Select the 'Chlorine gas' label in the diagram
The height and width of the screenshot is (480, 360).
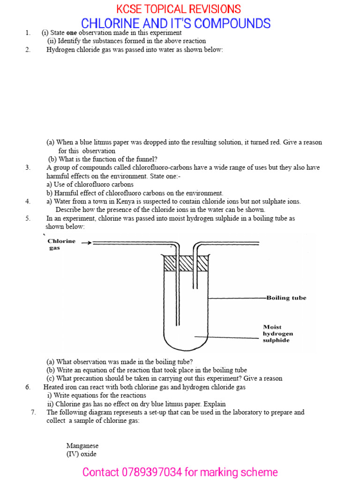point(61,244)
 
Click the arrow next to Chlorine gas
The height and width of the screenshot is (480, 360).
point(86,243)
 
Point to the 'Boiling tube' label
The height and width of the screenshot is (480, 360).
point(286,298)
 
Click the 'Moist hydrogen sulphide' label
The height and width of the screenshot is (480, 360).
point(278,333)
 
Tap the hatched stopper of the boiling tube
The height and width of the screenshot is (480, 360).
point(185,263)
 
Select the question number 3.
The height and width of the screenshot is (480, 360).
point(28,167)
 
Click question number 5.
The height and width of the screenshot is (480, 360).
point(28,218)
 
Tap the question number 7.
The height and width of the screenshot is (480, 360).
point(33,412)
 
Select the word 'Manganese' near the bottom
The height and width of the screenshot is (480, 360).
point(82,446)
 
